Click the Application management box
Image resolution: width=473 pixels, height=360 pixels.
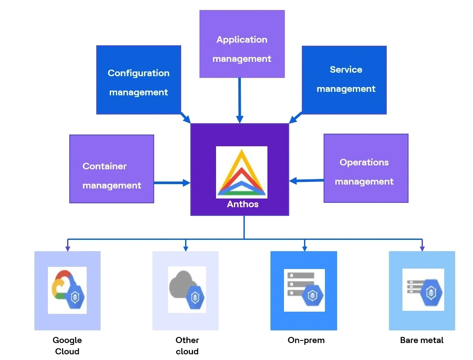[242, 44]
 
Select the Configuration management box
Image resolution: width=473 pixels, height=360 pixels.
[139, 80]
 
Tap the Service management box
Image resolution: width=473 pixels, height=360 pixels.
[344, 80]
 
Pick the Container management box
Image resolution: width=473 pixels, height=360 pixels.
[111, 168]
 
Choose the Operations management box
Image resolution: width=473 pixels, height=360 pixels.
[366, 168]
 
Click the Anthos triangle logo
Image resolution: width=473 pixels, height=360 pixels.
[242, 172]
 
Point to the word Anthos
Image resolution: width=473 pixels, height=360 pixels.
[243, 204]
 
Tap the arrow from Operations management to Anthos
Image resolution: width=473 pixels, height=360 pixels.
[307, 180]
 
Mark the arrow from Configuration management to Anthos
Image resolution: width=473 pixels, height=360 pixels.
[186, 118]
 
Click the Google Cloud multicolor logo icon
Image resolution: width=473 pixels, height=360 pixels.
[67, 290]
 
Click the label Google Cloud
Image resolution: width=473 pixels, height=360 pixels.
[67, 346]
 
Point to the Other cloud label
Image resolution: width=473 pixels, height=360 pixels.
[187, 346]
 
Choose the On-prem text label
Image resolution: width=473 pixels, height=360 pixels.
[306, 340]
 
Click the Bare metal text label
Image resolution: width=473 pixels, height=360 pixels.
[422, 340]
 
